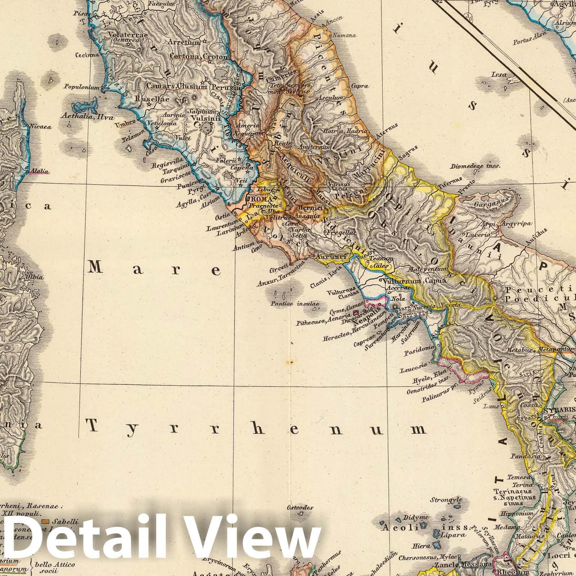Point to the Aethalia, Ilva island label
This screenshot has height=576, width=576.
pyautogui.click(x=88, y=117)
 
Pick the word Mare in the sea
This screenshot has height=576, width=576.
pyautogui.click(x=154, y=269)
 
